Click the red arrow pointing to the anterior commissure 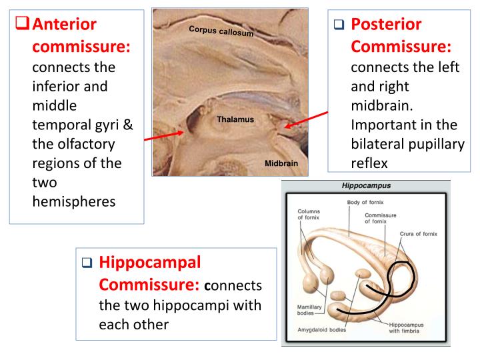point(164,137)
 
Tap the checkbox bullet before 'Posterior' point(341,26)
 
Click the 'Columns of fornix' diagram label point(307,215)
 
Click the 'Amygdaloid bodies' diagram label point(318,331)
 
